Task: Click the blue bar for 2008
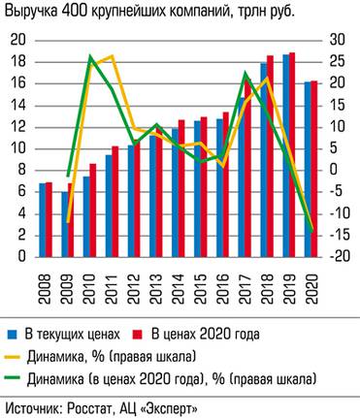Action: coord(42,220)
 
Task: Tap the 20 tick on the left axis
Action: coord(16,40)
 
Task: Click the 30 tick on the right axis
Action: coord(336,40)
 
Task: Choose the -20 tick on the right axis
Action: coord(336,257)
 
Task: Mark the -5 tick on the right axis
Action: coord(336,192)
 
